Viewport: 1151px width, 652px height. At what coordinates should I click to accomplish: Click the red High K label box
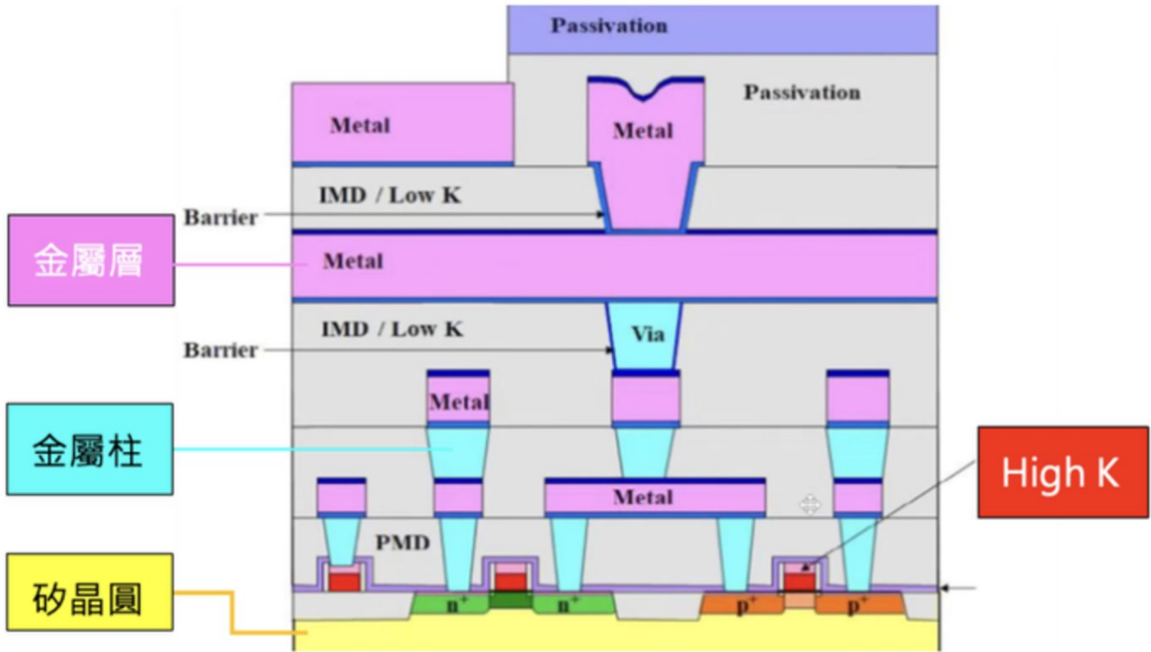pyautogui.click(x=1062, y=472)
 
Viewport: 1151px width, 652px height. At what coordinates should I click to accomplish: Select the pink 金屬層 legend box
pyautogui.click(x=91, y=260)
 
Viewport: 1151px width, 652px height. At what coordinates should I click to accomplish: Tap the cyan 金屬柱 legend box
pyautogui.click(x=90, y=448)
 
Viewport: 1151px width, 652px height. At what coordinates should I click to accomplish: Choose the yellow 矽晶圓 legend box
pyautogui.click(x=90, y=592)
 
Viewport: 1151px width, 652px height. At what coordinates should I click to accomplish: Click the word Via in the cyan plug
pyautogui.click(x=648, y=334)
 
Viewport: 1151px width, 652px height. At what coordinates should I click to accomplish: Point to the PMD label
pyautogui.click(x=402, y=542)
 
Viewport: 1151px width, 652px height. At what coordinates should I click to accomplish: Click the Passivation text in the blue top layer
pyautogui.click(x=609, y=26)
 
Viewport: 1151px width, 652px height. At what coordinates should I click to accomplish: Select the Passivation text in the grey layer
pyautogui.click(x=802, y=93)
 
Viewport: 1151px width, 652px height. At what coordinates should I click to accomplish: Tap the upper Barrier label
pyautogui.click(x=221, y=218)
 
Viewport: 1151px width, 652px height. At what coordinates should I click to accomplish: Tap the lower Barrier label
pyautogui.click(x=221, y=350)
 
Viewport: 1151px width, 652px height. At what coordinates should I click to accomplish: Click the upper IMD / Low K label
pyautogui.click(x=389, y=196)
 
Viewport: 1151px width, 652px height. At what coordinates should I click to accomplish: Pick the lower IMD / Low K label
pyautogui.click(x=392, y=328)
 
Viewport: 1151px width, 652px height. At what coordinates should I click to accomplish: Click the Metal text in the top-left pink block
pyautogui.click(x=359, y=126)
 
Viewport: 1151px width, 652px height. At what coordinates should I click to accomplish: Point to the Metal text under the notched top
pyautogui.click(x=643, y=131)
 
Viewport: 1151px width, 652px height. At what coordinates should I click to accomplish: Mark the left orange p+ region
pyautogui.click(x=742, y=603)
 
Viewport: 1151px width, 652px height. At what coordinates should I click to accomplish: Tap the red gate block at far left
pyautogui.click(x=343, y=581)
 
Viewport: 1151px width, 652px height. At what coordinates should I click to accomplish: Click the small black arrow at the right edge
pyautogui.click(x=958, y=587)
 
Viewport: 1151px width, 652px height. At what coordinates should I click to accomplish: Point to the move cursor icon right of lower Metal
pyautogui.click(x=810, y=503)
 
